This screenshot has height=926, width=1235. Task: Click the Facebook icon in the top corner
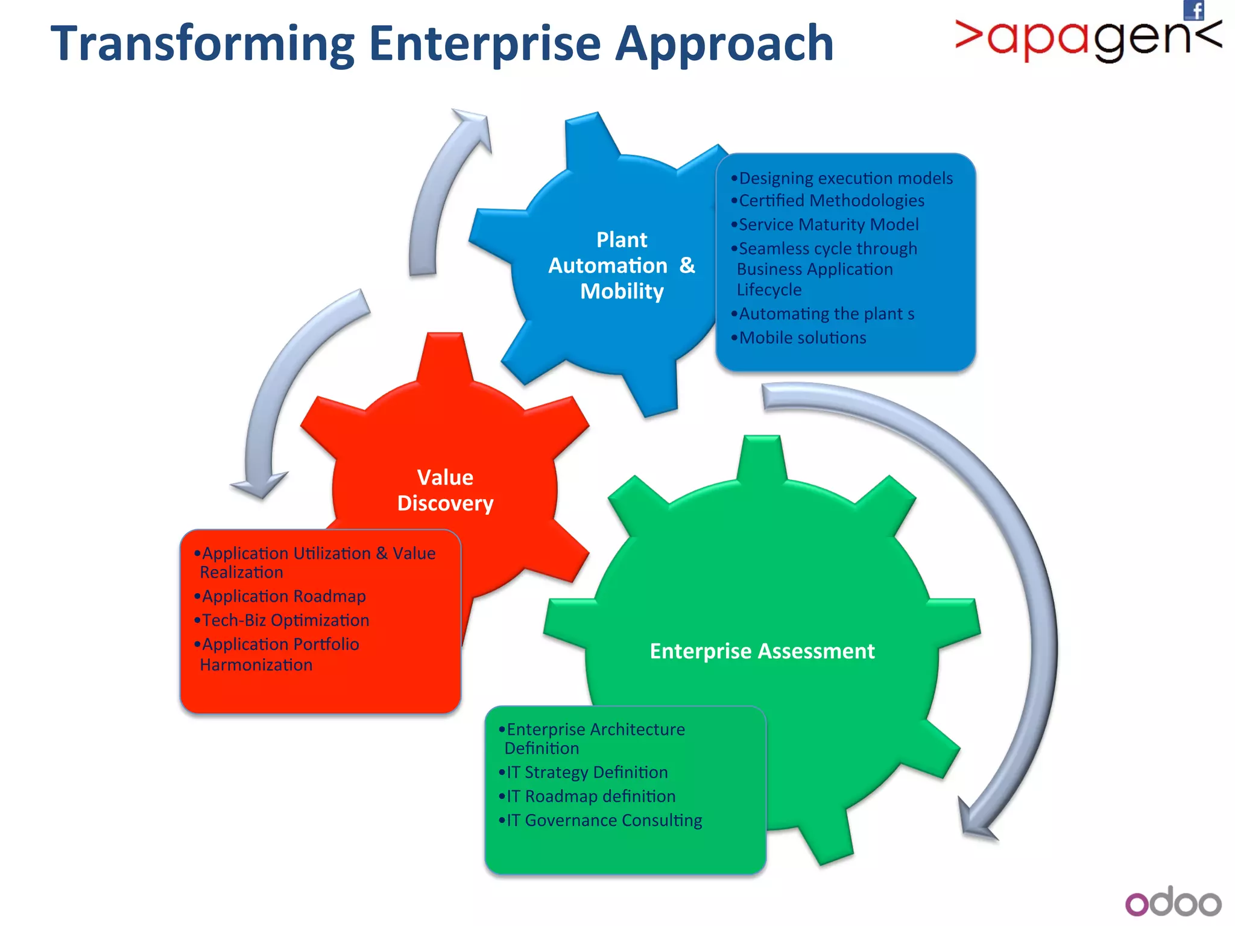[x=1193, y=10]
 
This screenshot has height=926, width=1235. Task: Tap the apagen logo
[x=1088, y=39]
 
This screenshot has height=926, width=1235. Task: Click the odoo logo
[x=1173, y=902]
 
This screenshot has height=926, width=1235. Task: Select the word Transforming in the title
[x=203, y=44]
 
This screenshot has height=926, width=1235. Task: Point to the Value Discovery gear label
[x=445, y=490]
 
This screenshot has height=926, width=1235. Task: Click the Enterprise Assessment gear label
[x=762, y=651]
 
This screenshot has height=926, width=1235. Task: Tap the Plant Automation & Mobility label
[x=621, y=265]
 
